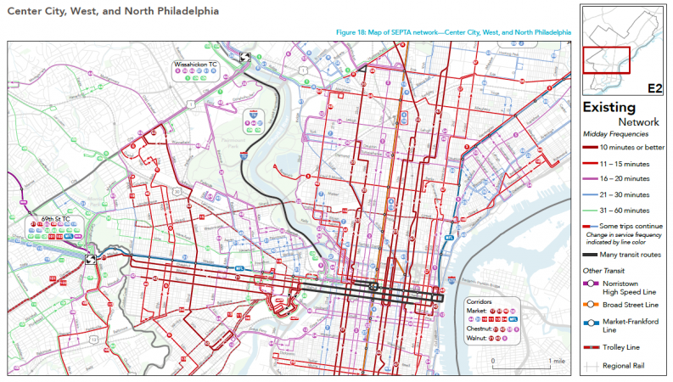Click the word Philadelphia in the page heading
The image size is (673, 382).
point(186,12)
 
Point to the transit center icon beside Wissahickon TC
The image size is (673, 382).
point(244,57)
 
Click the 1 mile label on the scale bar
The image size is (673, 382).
point(557,362)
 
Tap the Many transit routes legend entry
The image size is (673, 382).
point(631,255)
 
